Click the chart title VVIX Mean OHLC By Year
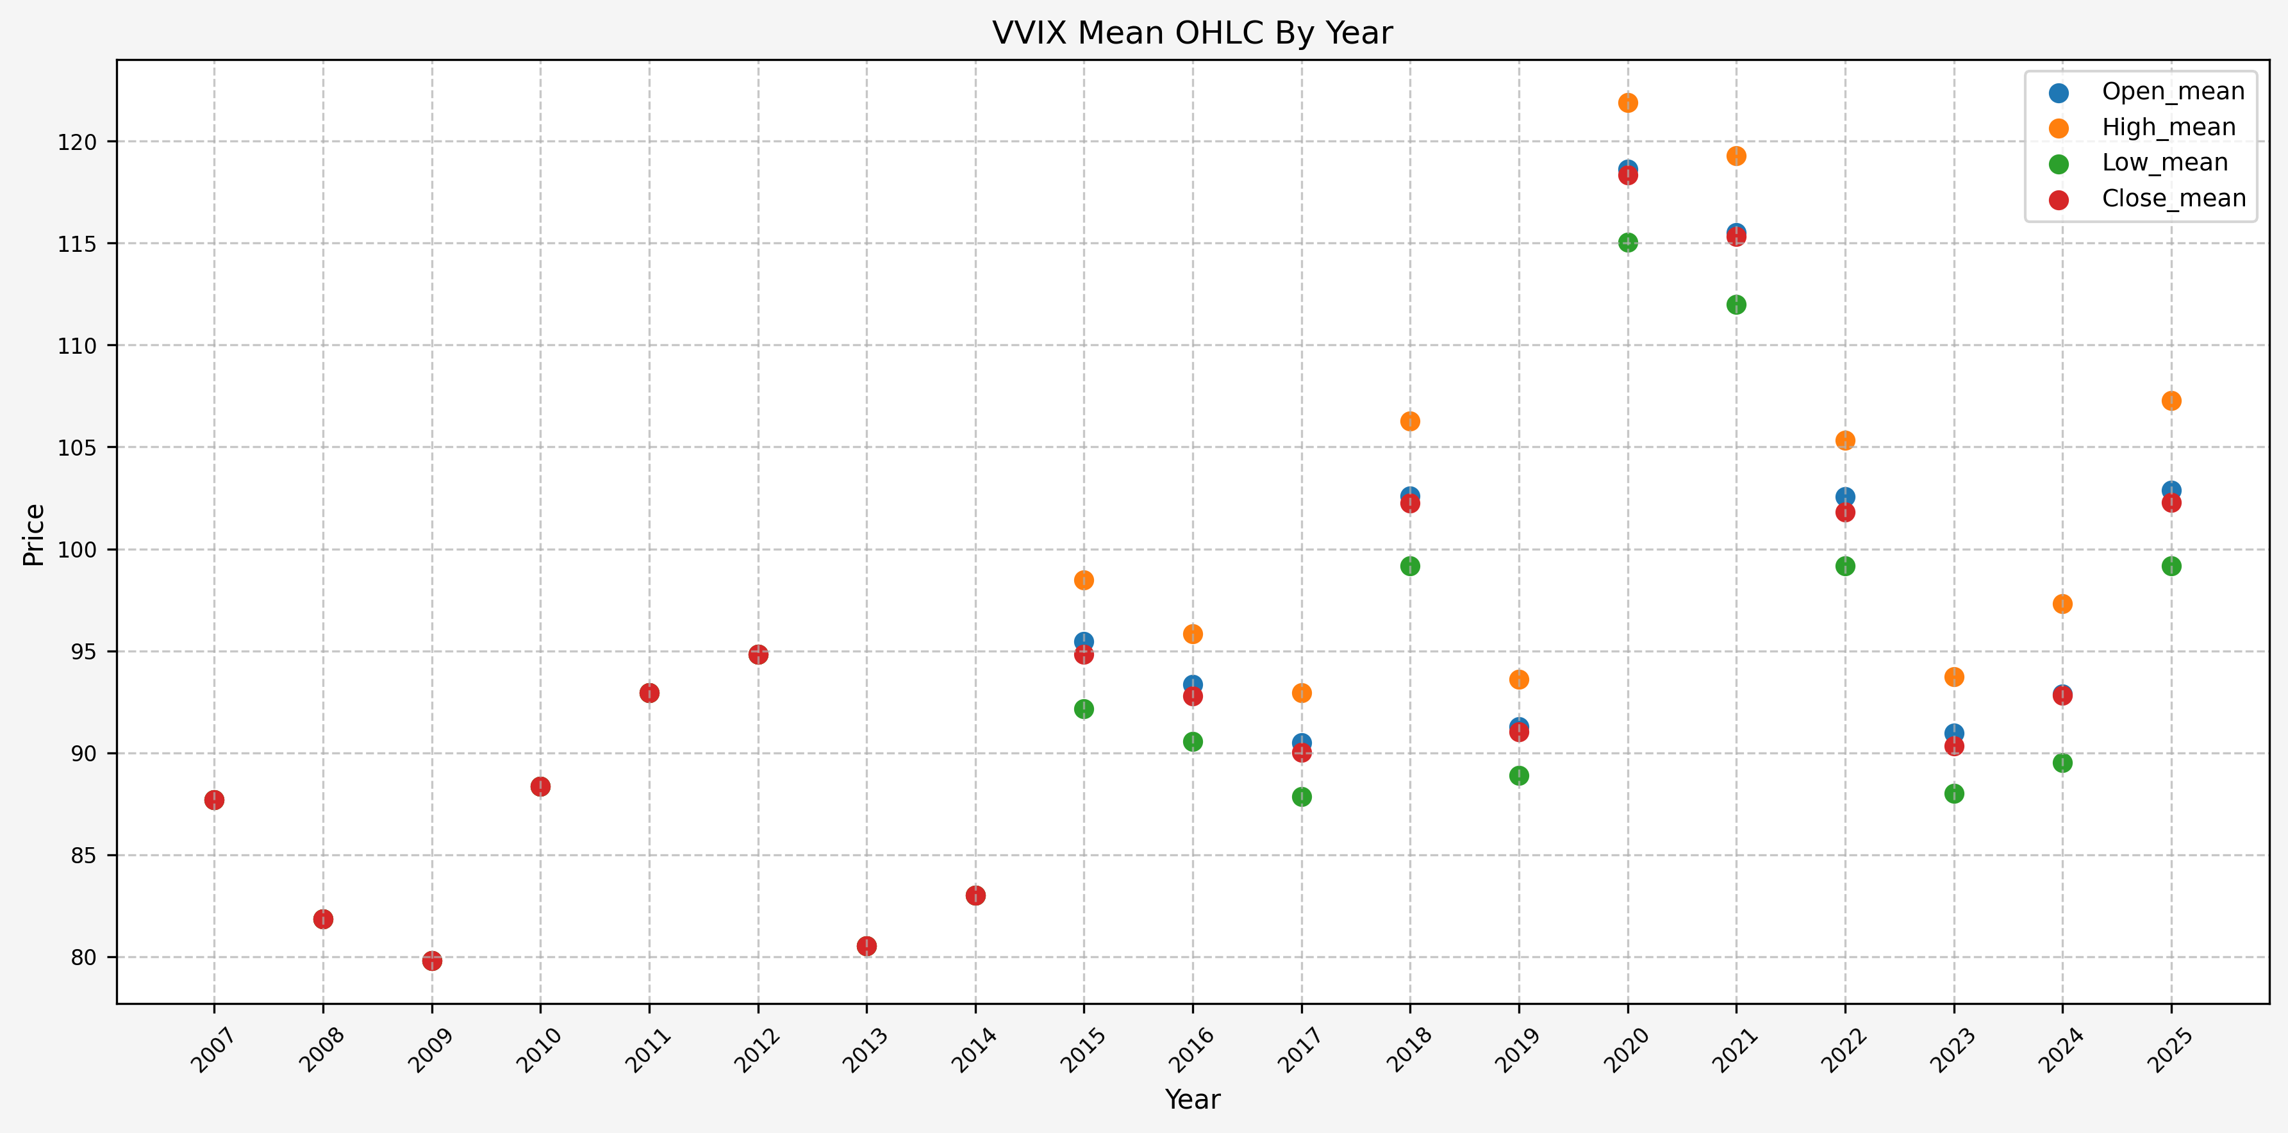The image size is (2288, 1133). pyautogui.click(x=1192, y=33)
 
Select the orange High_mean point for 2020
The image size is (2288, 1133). pyautogui.click(x=1628, y=103)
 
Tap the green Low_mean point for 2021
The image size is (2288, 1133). pyautogui.click(x=1736, y=304)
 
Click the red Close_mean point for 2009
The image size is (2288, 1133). pyautogui.click(x=433, y=961)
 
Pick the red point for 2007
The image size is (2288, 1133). pyautogui.click(x=214, y=800)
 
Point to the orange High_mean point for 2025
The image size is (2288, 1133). pyautogui.click(x=2171, y=401)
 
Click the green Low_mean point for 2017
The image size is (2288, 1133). pyautogui.click(x=1302, y=797)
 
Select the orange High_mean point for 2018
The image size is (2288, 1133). pyautogui.click(x=1411, y=421)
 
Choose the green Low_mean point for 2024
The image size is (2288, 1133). pyautogui.click(x=2062, y=763)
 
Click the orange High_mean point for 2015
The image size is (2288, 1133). pyautogui.click(x=1084, y=580)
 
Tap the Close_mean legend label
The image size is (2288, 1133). pyautogui.click(x=2173, y=198)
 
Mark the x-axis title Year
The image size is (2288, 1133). pyautogui.click(x=1192, y=1099)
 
